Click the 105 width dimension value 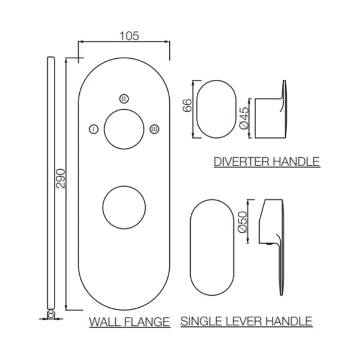coord(129,36)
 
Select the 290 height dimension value coord(61,178)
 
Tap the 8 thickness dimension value coord(51,314)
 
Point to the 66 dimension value coord(187,106)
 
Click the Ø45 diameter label coord(244,118)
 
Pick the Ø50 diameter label coord(242,222)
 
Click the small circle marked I coord(94,129)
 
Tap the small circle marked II coord(124,99)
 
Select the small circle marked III coord(154,129)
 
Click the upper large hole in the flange coord(124,109)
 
